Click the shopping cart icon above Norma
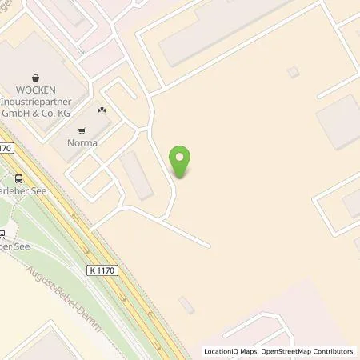(82, 131)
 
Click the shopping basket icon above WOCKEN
(34, 78)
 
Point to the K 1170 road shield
(104, 270)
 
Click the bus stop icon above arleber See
(18, 179)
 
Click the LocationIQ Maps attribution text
(232, 351)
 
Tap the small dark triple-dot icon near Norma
(102, 110)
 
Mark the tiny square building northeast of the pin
(293, 72)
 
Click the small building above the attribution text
(186, 306)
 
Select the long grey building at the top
(224, 32)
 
